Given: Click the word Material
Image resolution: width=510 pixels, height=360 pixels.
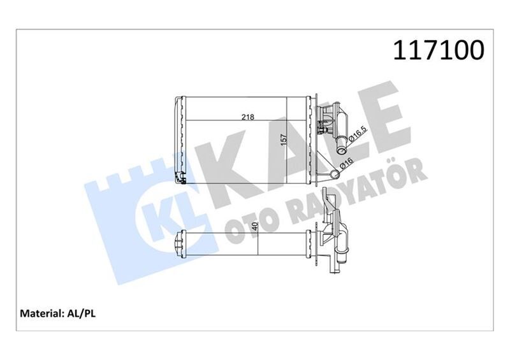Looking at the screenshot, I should coord(40,313).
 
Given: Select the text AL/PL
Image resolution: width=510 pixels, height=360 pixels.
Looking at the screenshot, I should coord(82,313).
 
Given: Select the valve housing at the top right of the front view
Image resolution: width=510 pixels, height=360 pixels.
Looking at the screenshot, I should coord(331,119).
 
